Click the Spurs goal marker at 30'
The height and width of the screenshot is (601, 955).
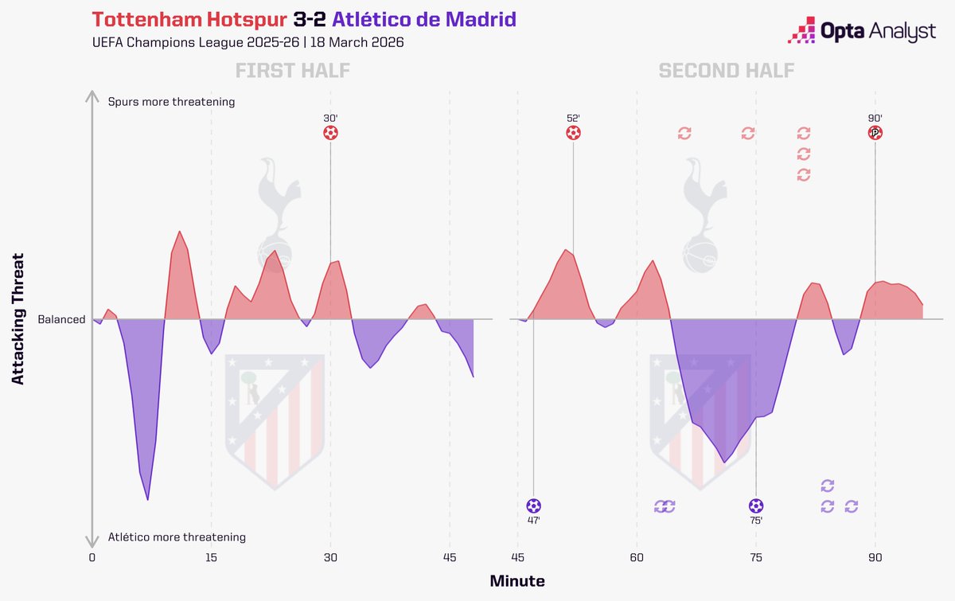pyautogui.click(x=330, y=133)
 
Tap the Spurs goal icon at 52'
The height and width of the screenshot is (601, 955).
pyautogui.click(x=573, y=133)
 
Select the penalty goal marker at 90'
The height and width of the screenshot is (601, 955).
pyautogui.click(x=875, y=133)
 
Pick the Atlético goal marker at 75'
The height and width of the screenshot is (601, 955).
pyautogui.click(x=756, y=505)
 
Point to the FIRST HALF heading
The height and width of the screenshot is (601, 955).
pyautogui.click(x=292, y=71)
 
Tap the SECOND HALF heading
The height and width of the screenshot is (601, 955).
pyautogui.click(x=726, y=71)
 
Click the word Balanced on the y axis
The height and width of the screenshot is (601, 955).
pyautogui.click(x=61, y=319)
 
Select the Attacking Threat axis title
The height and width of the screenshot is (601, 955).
pyautogui.click(x=18, y=319)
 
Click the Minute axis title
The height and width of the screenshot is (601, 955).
pyautogui.click(x=516, y=581)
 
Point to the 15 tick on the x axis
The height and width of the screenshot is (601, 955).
pyautogui.click(x=211, y=557)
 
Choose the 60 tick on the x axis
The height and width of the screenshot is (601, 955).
pyautogui.click(x=637, y=557)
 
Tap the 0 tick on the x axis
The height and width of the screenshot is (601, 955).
pyautogui.click(x=92, y=557)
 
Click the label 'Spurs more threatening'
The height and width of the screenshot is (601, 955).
pyautogui.click(x=171, y=102)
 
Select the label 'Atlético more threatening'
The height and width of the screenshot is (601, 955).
pyautogui.click(x=177, y=537)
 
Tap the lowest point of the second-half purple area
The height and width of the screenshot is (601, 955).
pyautogui.click(x=724, y=461)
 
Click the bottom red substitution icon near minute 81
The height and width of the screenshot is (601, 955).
pyautogui.click(x=803, y=174)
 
